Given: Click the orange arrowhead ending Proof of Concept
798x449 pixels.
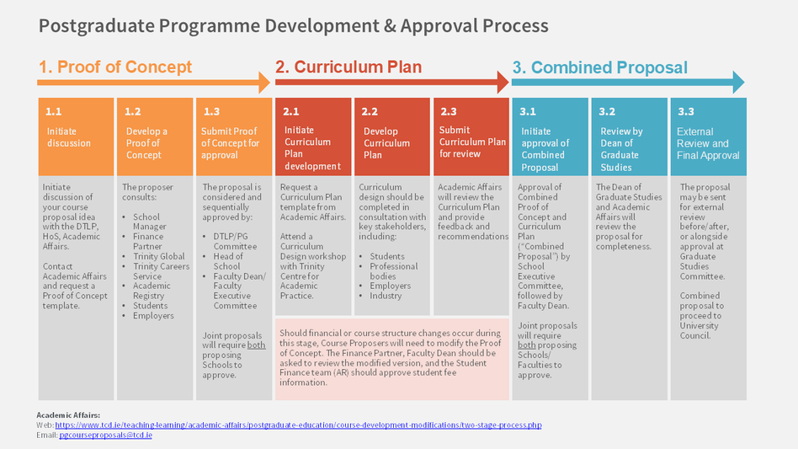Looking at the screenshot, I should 264,82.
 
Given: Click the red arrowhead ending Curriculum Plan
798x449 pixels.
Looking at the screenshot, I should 502,82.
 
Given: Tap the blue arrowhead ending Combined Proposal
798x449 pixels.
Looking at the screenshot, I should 738,82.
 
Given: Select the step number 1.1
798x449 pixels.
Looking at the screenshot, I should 54,111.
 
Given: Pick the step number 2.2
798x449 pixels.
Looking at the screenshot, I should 370,111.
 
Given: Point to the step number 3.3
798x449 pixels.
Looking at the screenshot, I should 686,111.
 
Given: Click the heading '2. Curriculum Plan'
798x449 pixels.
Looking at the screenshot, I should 348,67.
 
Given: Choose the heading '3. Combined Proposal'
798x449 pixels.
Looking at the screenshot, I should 599,68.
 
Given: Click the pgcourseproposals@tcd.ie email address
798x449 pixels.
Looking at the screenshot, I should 105,435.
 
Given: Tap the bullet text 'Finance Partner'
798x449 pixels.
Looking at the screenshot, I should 148,242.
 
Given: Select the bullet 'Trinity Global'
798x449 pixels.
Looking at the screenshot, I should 159,256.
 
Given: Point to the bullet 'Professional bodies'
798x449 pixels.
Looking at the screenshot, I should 394,271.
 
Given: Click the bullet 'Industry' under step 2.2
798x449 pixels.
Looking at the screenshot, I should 386,296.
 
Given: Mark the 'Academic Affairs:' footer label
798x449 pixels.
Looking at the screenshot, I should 68,415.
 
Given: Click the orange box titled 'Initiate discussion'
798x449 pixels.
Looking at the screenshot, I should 76,136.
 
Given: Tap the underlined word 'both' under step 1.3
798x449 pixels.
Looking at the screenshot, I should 256,345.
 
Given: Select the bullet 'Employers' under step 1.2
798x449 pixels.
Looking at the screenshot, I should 153,316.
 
